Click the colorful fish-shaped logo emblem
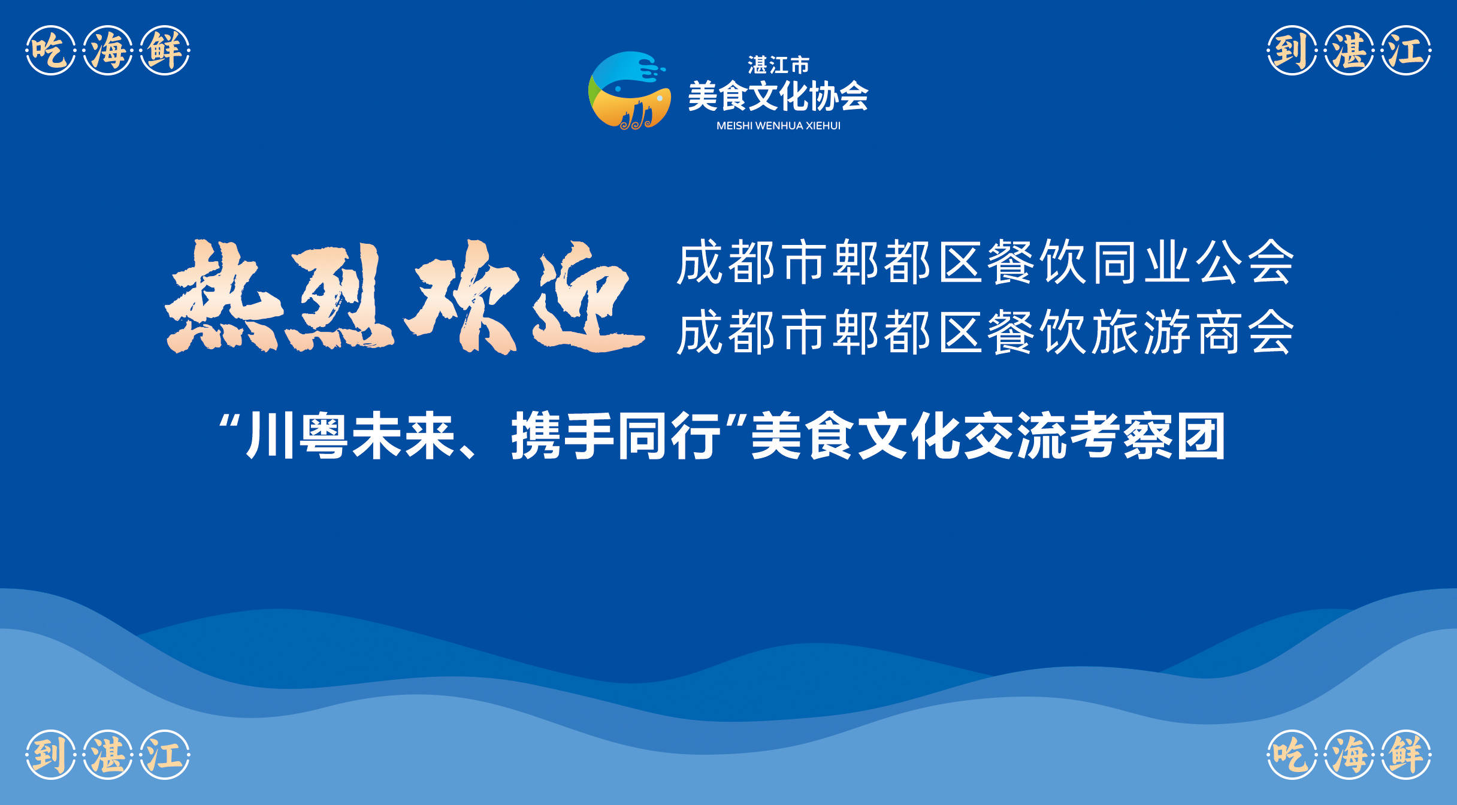click(x=629, y=90)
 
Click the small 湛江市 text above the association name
click(x=778, y=65)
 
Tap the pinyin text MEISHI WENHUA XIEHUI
click(x=778, y=126)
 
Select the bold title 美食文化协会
click(x=778, y=96)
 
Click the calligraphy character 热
click(x=223, y=296)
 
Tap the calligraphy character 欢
click(x=461, y=296)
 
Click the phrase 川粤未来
click(x=350, y=435)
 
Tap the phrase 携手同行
click(x=615, y=435)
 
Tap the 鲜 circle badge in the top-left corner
click(x=165, y=50)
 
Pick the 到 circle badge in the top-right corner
click(x=1292, y=50)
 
